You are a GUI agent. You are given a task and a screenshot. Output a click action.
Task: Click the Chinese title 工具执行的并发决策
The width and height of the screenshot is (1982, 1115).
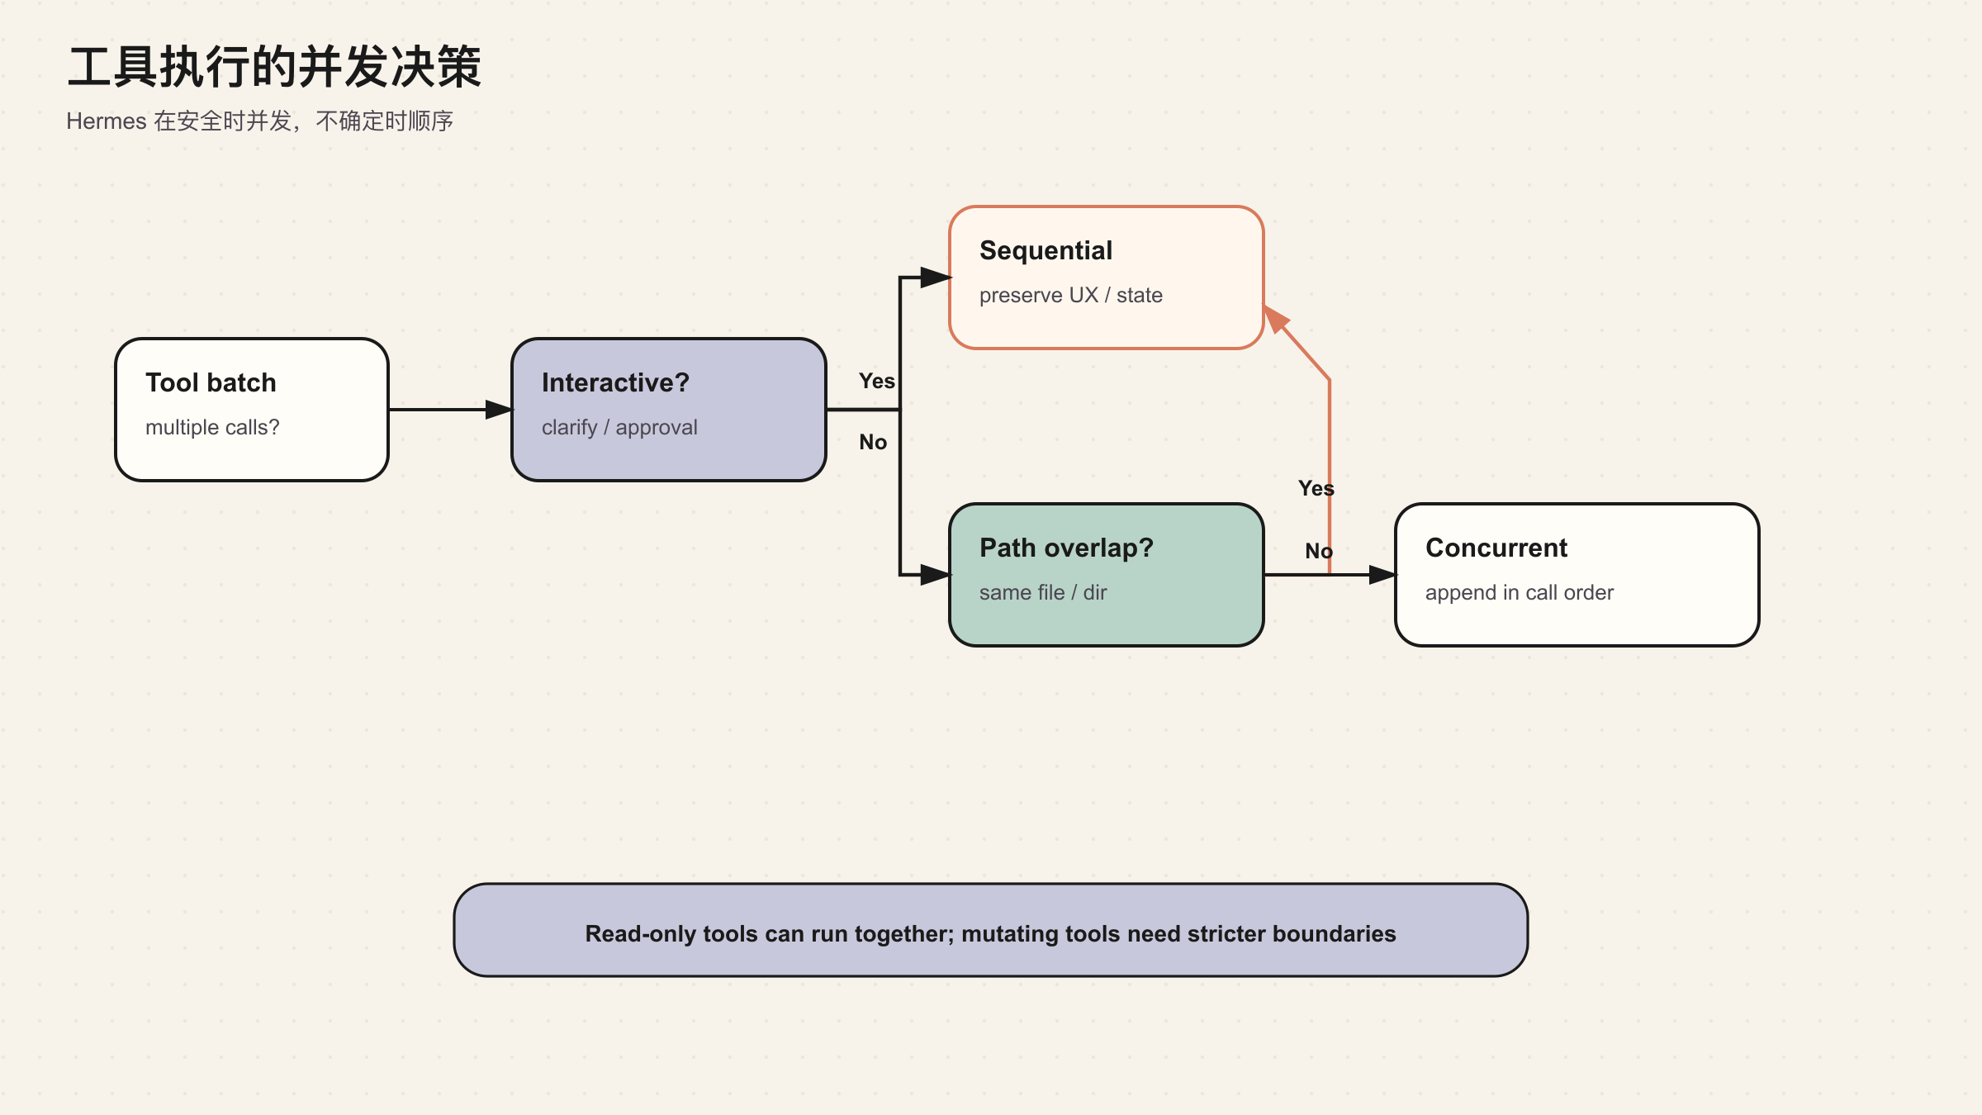(274, 67)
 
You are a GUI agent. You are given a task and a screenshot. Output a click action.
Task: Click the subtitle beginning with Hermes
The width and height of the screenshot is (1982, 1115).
(260, 121)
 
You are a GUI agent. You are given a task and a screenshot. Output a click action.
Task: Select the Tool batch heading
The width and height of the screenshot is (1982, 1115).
(211, 382)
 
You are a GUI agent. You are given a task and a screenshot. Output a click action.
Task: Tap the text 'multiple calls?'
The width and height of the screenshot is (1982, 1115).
(212, 427)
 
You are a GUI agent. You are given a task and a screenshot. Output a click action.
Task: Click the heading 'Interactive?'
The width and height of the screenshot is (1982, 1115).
(615, 382)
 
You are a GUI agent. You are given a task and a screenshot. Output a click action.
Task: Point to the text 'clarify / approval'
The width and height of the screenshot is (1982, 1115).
(619, 427)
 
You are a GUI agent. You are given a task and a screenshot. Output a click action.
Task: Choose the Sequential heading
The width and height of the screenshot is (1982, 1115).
(1046, 250)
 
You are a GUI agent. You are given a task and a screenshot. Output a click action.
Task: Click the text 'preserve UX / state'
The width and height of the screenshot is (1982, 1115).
(1070, 295)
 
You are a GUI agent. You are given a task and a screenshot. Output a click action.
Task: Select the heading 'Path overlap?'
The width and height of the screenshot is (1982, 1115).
(1066, 548)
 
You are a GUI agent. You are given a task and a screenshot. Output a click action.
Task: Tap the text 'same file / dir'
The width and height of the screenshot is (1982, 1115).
(1043, 592)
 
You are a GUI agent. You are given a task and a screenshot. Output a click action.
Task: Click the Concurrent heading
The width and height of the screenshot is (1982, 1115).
(1496, 548)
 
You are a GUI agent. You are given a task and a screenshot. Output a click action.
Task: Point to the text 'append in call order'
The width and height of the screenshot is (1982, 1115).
(1520, 592)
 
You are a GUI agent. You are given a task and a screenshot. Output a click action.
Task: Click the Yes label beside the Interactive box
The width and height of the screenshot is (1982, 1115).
(876, 381)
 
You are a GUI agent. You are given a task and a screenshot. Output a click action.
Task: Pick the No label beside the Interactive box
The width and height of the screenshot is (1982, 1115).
(873, 442)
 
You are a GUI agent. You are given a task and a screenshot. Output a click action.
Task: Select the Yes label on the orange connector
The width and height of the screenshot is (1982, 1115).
(1316, 488)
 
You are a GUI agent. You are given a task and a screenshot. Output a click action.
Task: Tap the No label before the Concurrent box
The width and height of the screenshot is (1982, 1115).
(1319, 551)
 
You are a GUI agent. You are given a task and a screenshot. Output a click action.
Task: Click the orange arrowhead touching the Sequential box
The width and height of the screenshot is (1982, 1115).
(1275, 319)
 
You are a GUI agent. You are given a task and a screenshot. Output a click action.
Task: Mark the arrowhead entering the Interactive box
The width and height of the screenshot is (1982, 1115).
(499, 410)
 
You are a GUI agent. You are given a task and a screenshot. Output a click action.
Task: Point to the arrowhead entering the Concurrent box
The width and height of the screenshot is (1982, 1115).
(1382, 575)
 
